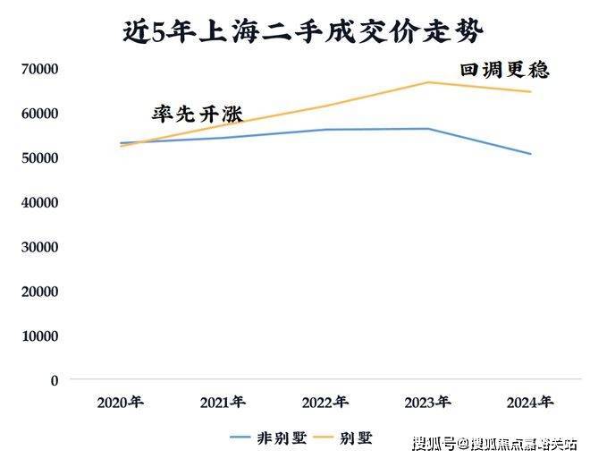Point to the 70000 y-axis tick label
click(x=39, y=69)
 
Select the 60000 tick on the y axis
click(x=39, y=114)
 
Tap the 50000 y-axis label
click(x=39, y=157)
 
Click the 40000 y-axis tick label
click(x=39, y=202)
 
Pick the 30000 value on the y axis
click(x=39, y=246)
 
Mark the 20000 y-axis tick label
click(x=39, y=291)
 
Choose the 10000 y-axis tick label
click(x=39, y=336)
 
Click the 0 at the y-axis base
click(x=55, y=379)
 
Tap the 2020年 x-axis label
click(x=120, y=403)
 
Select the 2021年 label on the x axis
click(x=223, y=403)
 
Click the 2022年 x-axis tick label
click(x=325, y=403)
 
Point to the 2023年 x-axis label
click(x=428, y=403)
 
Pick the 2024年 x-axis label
click(x=531, y=403)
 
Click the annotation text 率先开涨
click(x=197, y=114)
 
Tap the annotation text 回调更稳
click(x=504, y=69)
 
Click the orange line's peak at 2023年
click(x=428, y=82)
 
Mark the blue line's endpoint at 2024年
click(x=531, y=154)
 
